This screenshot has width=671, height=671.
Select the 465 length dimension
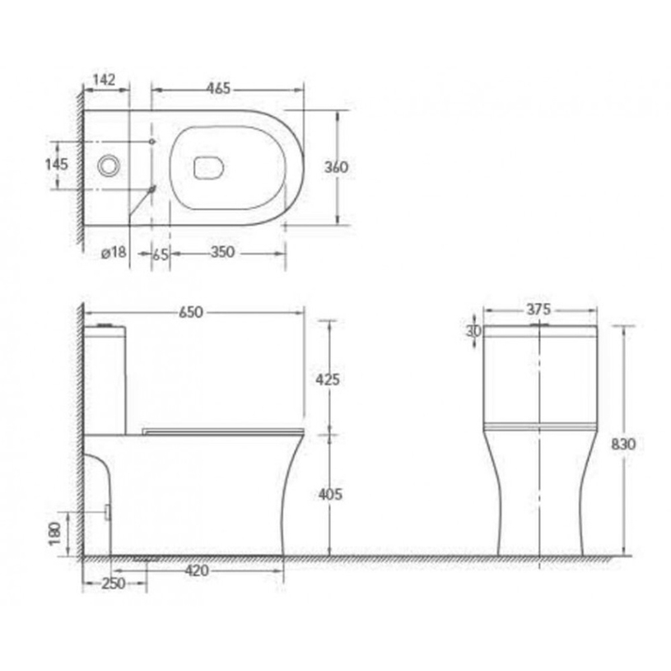click(x=217, y=87)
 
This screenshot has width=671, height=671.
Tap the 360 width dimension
click(x=336, y=166)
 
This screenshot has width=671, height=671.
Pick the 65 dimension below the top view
click(x=161, y=254)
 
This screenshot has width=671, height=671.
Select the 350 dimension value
click(x=222, y=253)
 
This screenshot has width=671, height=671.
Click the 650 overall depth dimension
click(x=190, y=313)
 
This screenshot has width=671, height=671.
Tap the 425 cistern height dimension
click(x=329, y=380)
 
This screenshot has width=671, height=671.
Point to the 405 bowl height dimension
click(x=329, y=494)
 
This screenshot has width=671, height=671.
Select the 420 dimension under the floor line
click(x=196, y=570)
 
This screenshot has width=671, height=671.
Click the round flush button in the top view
click(x=107, y=165)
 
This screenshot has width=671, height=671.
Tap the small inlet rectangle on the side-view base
click(x=108, y=512)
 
